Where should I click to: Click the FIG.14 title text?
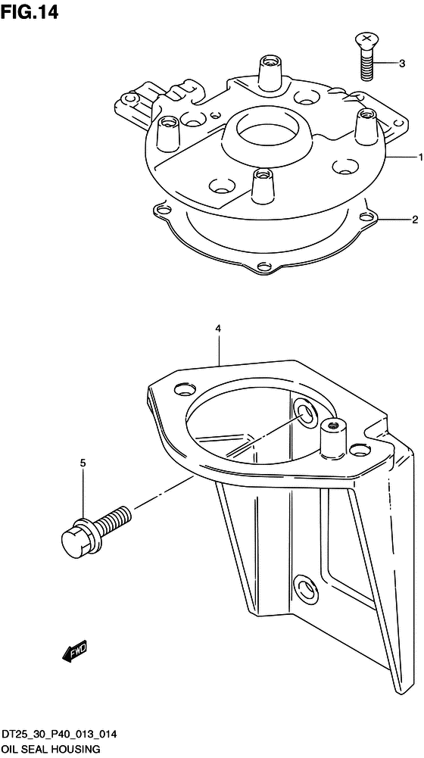[x=30, y=11]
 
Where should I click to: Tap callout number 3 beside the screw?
[x=402, y=63]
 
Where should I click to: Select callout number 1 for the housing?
[x=421, y=157]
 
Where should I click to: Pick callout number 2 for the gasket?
[x=414, y=220]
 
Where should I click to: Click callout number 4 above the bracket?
[x=218, y=329]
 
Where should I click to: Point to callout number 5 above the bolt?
[x=83, y=463]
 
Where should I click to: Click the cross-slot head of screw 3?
[x=367, y=38]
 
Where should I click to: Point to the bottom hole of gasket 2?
[x=263, y=266]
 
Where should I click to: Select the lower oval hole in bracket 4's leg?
[x=306, y=587]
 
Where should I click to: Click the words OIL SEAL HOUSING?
[x=50, y=750]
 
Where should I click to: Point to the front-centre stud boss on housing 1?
[x=261, y=186]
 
